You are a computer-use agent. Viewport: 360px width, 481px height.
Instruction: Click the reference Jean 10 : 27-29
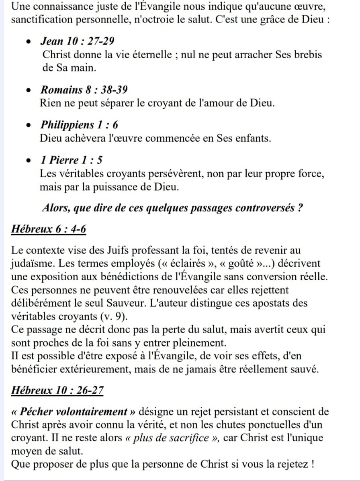(77, 41)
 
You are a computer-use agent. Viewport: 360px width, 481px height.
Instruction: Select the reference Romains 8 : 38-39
(84, 90)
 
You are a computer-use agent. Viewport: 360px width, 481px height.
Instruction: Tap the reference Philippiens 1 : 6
(79, 125)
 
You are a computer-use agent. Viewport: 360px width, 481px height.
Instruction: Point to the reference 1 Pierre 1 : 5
(71, 160)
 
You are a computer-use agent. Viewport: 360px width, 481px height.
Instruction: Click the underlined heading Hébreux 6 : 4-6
(49, 229)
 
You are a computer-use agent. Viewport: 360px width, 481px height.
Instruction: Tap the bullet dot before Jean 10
(28, 42)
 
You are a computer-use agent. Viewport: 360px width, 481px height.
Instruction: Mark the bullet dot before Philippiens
(28, 126)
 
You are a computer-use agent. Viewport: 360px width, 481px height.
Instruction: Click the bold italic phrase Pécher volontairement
(74, 412)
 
